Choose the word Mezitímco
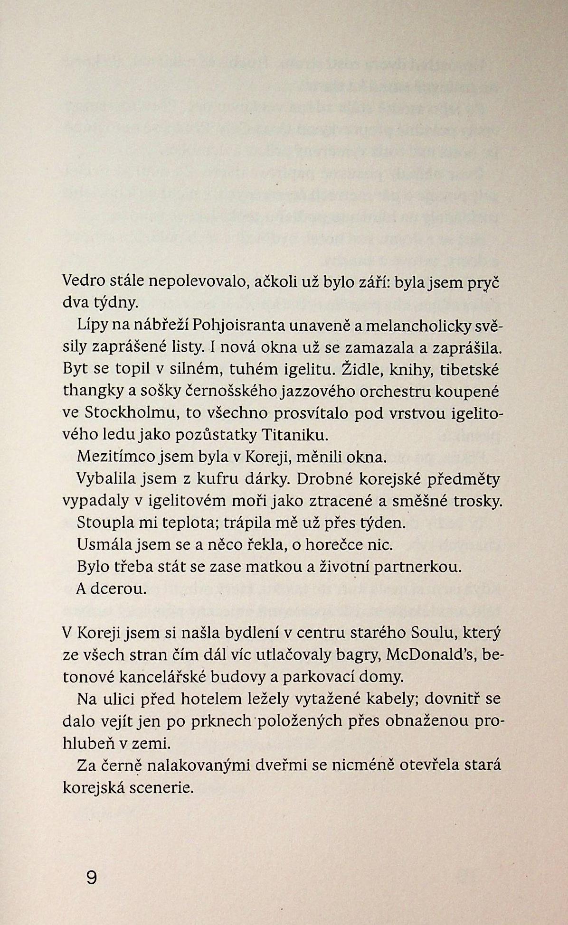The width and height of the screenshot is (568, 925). pos(113,458)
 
